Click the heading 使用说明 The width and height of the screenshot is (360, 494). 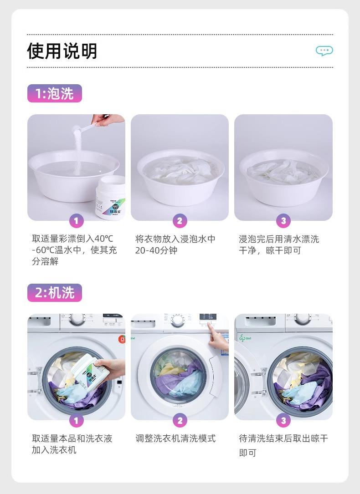pyautogui.click(x=62, y=51)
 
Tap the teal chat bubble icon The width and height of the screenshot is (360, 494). pyautogui.click(x=324, y=51)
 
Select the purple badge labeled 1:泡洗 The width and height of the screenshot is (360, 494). pyautogui.click(x=55, y=93)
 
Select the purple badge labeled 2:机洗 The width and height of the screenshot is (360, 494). pyautogui.click(x=55, y=293)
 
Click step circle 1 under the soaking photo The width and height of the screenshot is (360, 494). pyautogui.click(x=76, y=220)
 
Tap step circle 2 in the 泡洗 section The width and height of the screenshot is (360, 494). pyautogui.click(x=180, y=220)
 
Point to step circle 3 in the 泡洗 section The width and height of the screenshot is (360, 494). pyautogui.click(x=283, y=220)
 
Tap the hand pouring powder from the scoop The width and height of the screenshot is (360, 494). pyautogui.click(x=108, y=120)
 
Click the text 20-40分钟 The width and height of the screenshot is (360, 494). pyautogui.click(x=156, y=250)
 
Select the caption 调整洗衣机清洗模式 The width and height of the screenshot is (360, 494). pyautogui.click(x=175, y=438)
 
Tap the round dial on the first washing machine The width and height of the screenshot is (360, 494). pyautogui.click(x=77, y=319)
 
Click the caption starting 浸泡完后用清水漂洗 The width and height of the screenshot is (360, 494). pyautogui.click(x=279, y=245)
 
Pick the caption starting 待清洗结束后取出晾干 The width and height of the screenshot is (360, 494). pyautogui.click(x=283, y=445)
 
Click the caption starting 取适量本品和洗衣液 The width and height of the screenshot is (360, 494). pyautogui.click(x=72, y=444)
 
